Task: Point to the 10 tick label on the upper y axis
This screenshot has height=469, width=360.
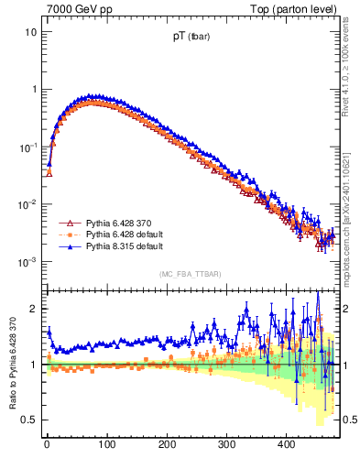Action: [30, 32]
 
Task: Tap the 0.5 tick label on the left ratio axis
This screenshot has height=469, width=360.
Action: [28, 420]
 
